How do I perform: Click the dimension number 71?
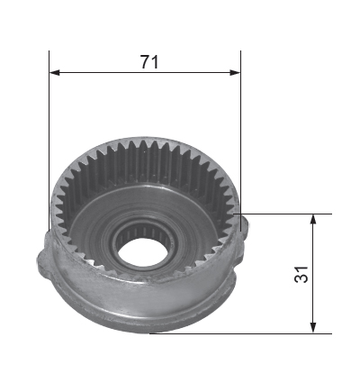[x=149, y=62]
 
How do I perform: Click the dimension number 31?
[x=301, y=274]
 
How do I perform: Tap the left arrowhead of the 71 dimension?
[x=54, y=72]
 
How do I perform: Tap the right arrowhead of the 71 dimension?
[x=235, y=72]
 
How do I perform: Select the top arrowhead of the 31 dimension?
[x=313, y=219]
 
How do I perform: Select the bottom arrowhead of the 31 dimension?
[x=313, y=328]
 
